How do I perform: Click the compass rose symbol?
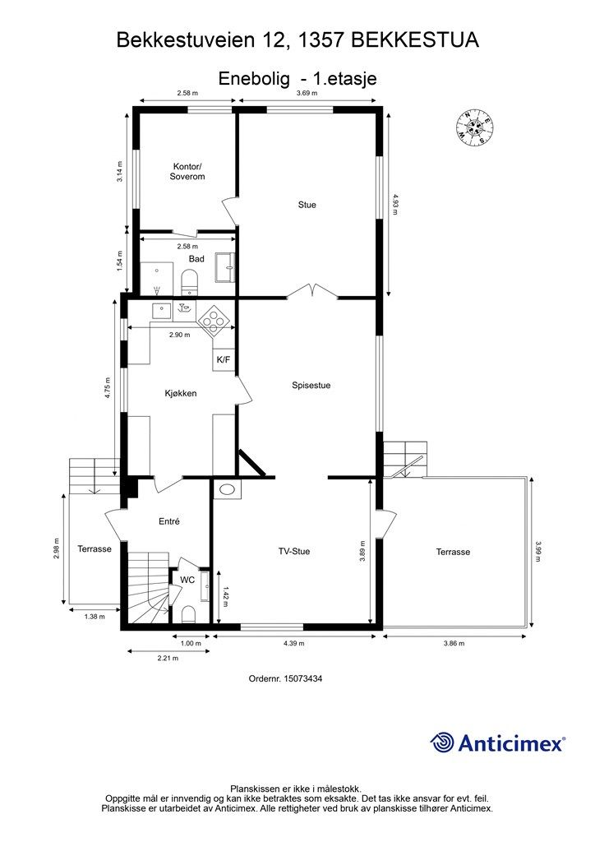pyautogui.click(x=473, y=127)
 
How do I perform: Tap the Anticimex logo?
pyautogui.click(x=497, y=743)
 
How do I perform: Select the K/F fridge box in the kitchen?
pyautogui.click(x=224, y=359)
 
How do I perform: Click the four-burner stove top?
pyautogui.click(x=214, y=321)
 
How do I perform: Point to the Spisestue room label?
pyautogui.click(x=311, y=385)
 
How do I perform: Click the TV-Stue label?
pyautogui.click(x=294, y=551)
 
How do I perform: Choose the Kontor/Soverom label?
pyautogui.click(x=187, y=171)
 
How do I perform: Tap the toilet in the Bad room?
pyautogui.click(x=189, y=281)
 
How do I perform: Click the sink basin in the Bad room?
pyautogui.click(x=225, y=267)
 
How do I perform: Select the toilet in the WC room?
pyautogui.click(x=188, y=614)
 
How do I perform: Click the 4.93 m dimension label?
pyautogui.click(x=395, y=204)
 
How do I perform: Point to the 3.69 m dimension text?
pyautogui.click(x=307, y=93)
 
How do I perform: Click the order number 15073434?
pyautogui.click(x=285, y=678)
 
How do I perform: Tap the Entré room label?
pyautogui.click(x=169, y=520)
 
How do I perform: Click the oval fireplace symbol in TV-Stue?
pyautogui.click(x=228, y=489)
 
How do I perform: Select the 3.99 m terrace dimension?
pyautogui.click(x=538, y=551)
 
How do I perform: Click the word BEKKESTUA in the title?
pyautogui.click(x=415, y=40)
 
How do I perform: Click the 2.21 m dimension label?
pyautogui.click(x=168, y=658)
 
